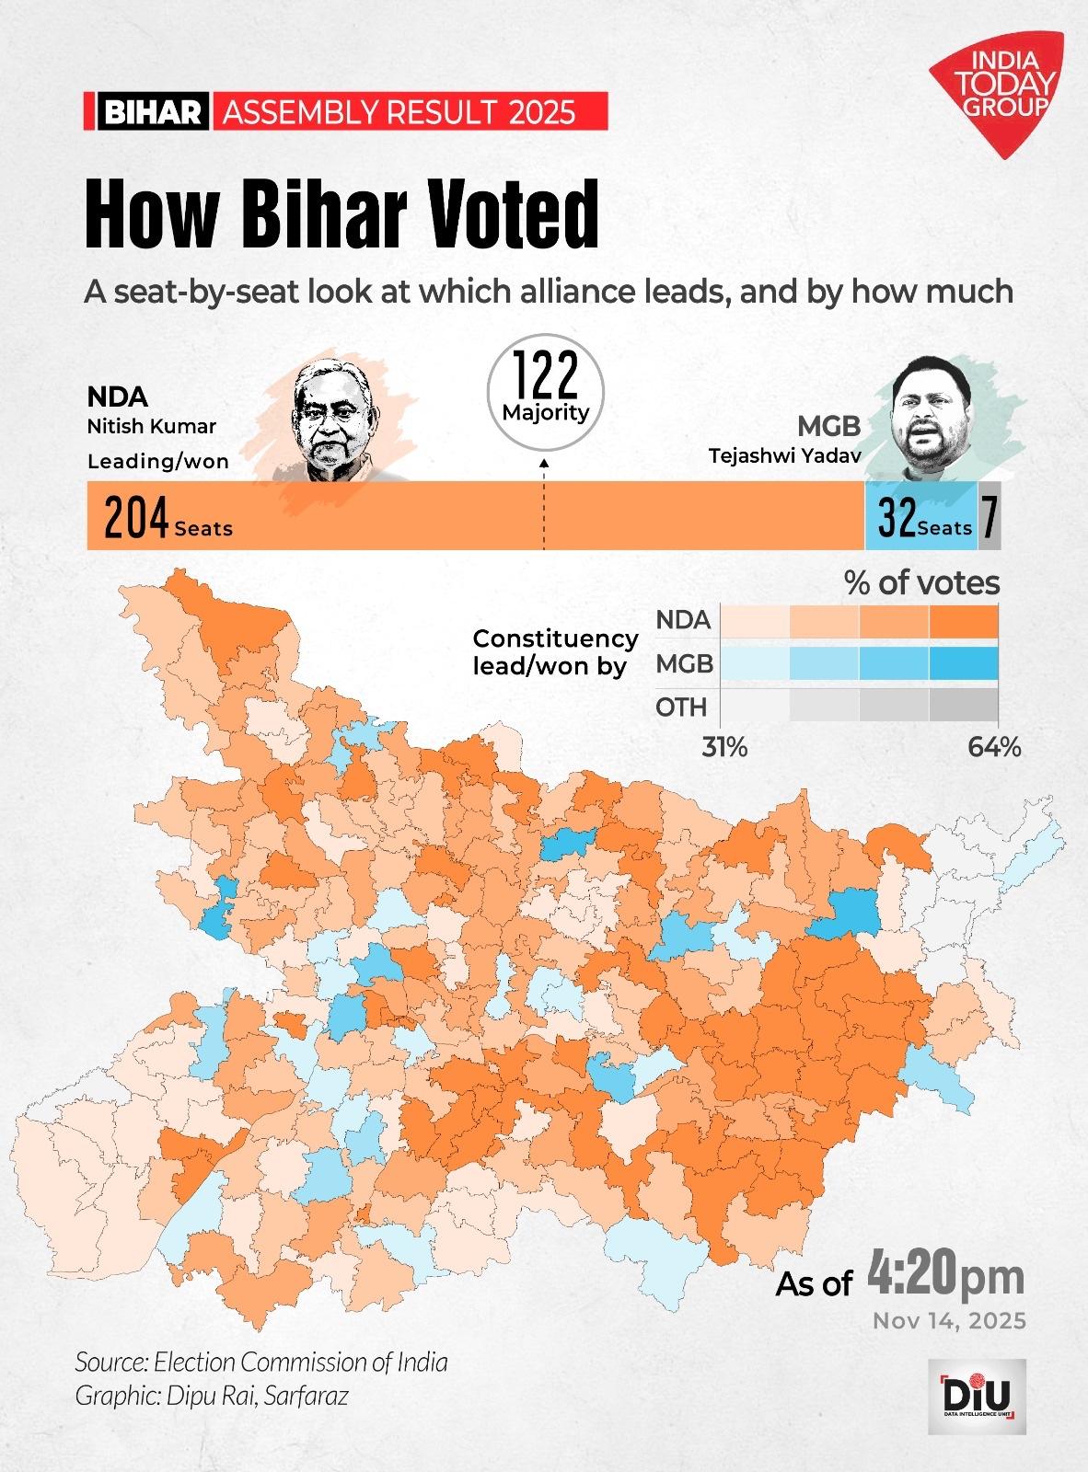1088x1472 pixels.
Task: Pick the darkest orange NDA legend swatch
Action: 964,621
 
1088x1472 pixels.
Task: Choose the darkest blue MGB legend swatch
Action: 964,663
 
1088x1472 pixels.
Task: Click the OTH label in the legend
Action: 681,707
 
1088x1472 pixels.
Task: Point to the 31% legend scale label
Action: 725,747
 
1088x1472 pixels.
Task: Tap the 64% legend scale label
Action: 994,747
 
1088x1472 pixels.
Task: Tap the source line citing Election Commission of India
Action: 261,1361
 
